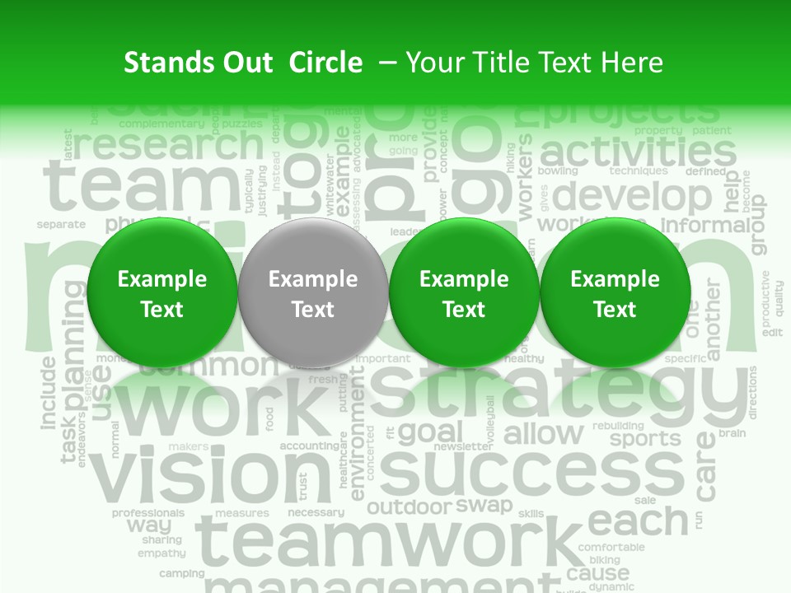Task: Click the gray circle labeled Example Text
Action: (313, 294)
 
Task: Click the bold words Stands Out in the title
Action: (198, 63)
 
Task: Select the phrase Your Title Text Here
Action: (534, 63)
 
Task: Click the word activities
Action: (638, 151)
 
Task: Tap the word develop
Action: (632, 197)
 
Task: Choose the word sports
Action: (645, 438)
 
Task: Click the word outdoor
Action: (410, 507)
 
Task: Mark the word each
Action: (638, 521)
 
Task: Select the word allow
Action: (543, 433)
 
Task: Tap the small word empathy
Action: (161, 553)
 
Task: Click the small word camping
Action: (181, 573)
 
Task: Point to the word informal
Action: (704, 225)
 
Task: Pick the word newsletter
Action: (462, 446)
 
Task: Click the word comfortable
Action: (611, 547)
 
